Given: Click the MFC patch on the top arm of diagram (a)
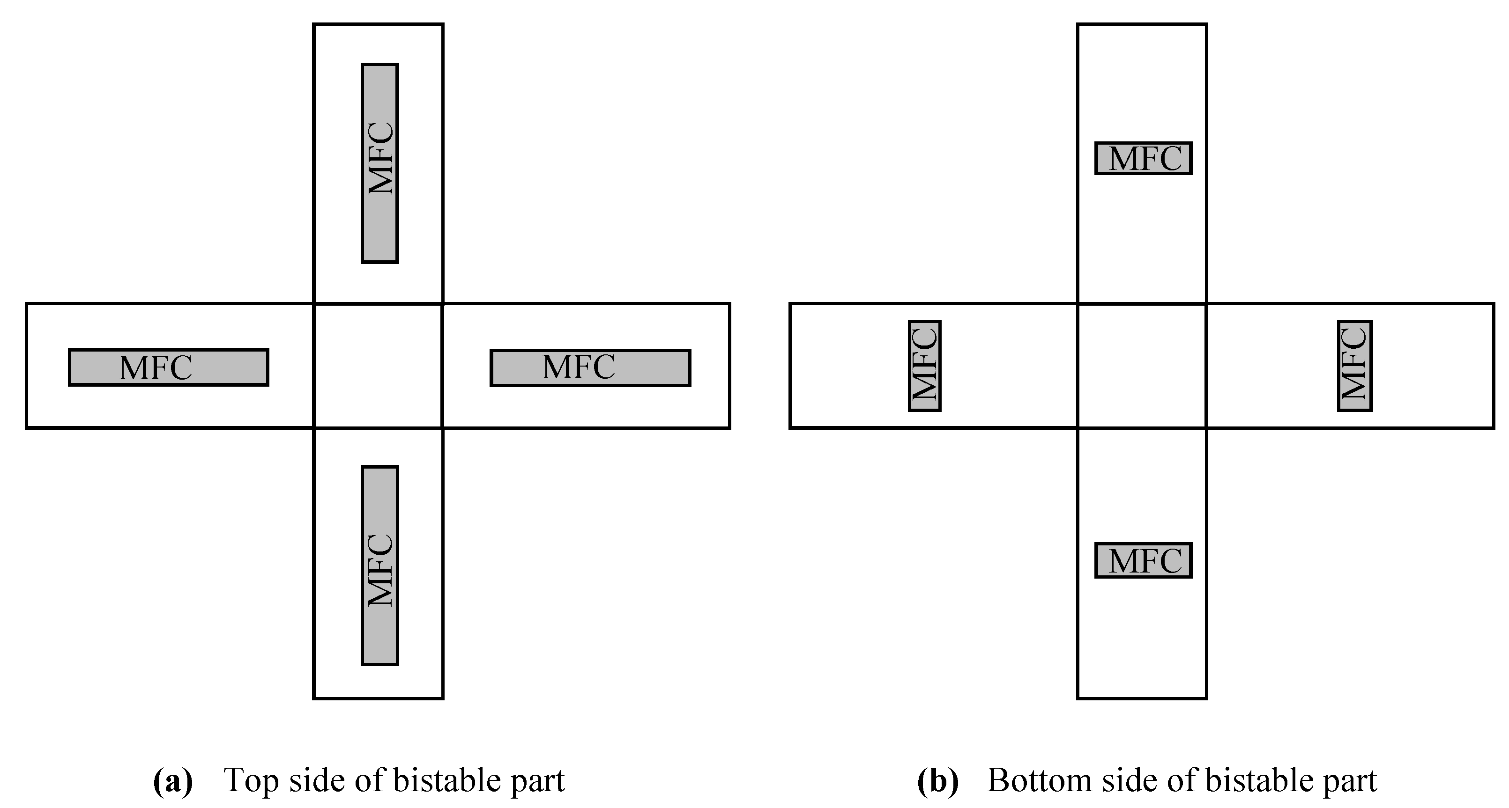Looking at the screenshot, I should tap(379, 163).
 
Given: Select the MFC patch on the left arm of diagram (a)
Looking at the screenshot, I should tap(169, 367).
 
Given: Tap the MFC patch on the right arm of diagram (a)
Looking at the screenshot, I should tap(590, 367).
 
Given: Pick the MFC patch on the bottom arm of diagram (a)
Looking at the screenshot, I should tap(379, 566).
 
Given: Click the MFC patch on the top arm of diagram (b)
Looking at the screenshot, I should tap(1144, 158).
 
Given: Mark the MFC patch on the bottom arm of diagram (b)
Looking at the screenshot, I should tap(1144, 560).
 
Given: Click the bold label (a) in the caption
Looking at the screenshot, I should tap(173, 781).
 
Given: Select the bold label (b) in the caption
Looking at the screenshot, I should tap(937, 781).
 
